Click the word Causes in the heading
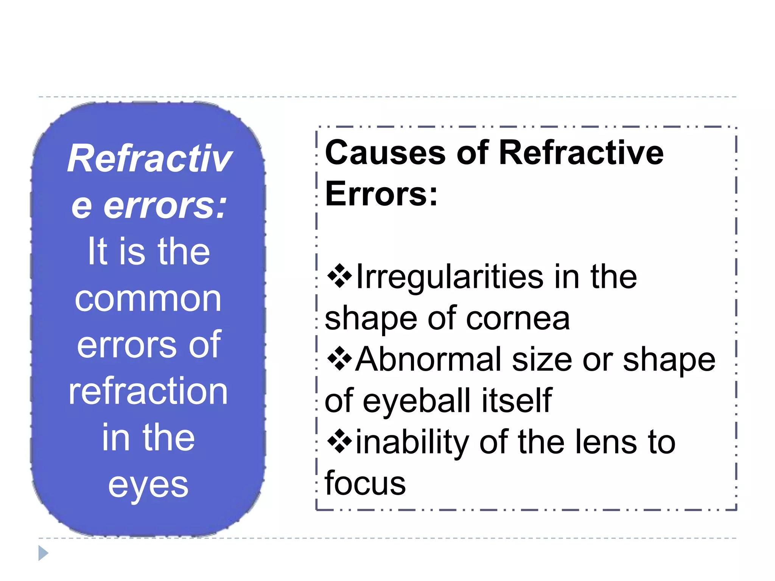tap(385, 153)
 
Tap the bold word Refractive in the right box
tap(581, 153)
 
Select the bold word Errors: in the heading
tap(381, 194)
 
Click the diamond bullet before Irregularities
tap(339, 277)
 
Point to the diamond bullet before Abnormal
tap(339, 359)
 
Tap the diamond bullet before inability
tap(339, 441)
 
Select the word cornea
tap(518, 318)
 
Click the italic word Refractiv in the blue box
tap(149, 158)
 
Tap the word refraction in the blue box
tap(148, 391)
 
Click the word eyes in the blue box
tap(148, 486)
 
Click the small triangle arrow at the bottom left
tap(43, 553)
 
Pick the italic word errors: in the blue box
tap(165, 206)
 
